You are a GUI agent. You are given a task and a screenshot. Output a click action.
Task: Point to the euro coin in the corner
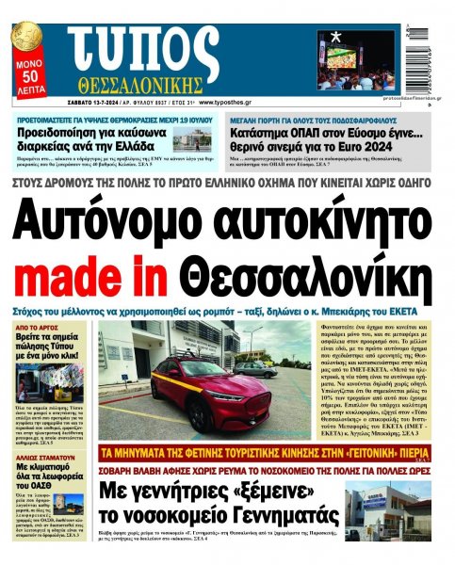tap(24, 40)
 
